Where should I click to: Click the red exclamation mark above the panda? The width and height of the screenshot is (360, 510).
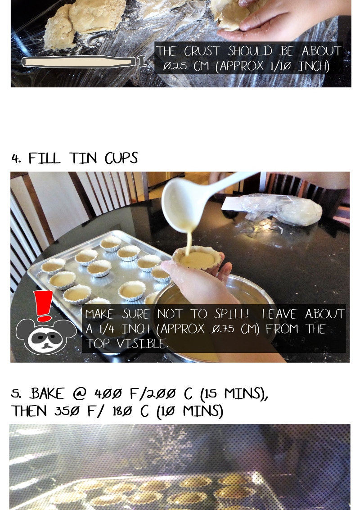pyautogui.click(x=43, y=306)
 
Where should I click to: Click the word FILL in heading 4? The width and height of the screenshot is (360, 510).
pyautogui.click(x=44, y=158)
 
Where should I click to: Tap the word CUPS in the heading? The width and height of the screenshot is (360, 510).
pyautogui.click(x=121, y=158)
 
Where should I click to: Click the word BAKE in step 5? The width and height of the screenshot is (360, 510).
pyautogui.click(x=47, y=394)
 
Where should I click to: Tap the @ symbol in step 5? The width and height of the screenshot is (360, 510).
pyautogui.click(x=79, y=394)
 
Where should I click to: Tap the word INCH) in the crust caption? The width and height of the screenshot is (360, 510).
pyautogui.click(x=314, y=66)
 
